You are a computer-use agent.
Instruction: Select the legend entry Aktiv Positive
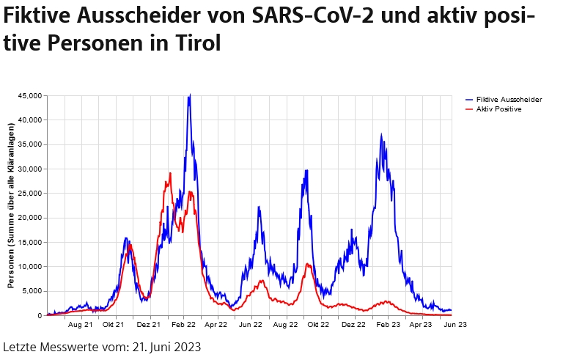click(498, 109)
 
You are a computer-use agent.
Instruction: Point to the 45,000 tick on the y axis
click(29, 95)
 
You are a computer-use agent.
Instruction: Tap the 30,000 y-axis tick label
click(29, 169)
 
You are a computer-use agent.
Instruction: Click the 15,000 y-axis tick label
click(29, 242)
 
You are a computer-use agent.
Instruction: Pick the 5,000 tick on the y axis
click(32, 291)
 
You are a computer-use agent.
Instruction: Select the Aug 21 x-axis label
click(80, 323)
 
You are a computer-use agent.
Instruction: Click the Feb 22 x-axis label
click(183, 323)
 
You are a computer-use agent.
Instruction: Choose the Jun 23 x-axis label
click(455, 323)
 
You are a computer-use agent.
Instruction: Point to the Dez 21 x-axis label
click(149, 323)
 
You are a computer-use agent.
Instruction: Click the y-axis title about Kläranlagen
click(11, 205)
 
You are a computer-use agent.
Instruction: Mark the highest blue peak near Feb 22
click(190, 95)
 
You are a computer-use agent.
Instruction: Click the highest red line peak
click(170, 174)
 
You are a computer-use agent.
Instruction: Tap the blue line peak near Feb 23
click(381, 134)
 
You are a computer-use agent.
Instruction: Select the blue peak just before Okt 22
click(306, 170)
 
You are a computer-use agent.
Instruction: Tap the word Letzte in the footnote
click(20, 346)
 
